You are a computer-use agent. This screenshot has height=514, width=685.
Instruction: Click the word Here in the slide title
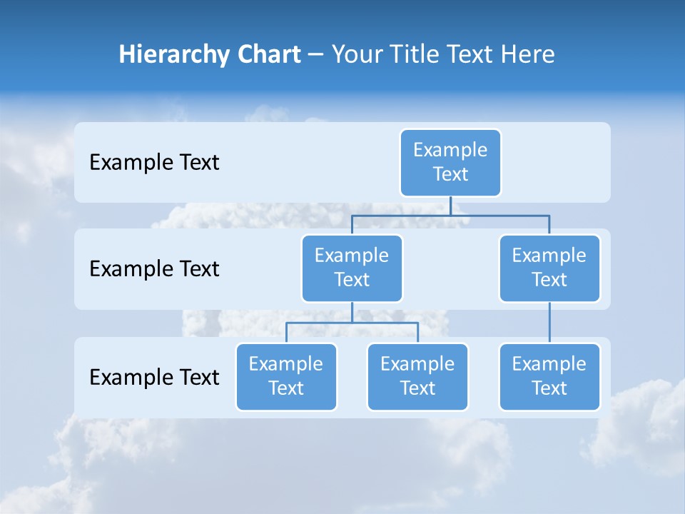coord(528,55)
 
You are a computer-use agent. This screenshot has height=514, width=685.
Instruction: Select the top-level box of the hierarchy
coord(450,162)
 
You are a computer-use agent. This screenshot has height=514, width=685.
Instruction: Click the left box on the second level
coord(352,268)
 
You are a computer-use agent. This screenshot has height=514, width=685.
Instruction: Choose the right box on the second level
coord(549,268)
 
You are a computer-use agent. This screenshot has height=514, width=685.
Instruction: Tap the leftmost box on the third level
coord(286,376)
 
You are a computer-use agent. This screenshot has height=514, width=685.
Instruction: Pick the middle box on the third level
coord(417,376)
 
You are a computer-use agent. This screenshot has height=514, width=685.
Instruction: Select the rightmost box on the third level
coord(549,376)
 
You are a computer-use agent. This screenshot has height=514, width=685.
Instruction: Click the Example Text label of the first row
coord(154,163)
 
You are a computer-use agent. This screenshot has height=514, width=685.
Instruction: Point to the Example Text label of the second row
coord(154,269)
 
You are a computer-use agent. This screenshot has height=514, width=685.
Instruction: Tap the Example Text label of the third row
coord(154,377)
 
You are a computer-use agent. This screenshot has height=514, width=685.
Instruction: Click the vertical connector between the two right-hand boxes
coord(549,323)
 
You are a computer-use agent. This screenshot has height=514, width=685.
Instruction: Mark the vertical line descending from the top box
coord(450,206)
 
